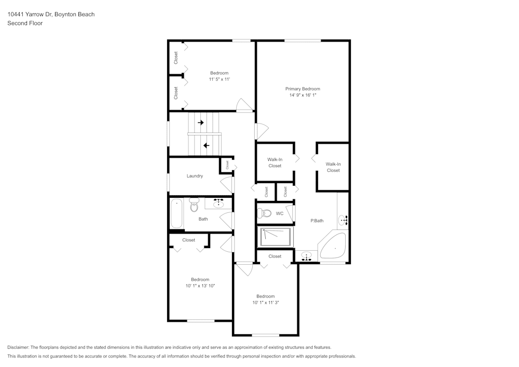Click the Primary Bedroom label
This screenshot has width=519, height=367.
click(303, 89)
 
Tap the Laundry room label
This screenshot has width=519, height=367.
click(195, 176)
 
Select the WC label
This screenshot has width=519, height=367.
click(280, 213)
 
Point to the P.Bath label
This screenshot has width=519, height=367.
click(317, 221)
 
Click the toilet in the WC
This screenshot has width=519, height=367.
click(264, 213)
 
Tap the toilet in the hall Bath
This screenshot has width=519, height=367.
click(194, 205)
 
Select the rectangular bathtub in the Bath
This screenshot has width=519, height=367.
click(176, 213)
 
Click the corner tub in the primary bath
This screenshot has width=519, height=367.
click(333, 246)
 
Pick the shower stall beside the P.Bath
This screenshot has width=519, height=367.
click(276, 237)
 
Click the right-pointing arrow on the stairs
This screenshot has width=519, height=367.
click(200, 123)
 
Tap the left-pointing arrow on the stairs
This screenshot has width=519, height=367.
click(206, 146)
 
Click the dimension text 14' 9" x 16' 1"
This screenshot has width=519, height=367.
click(303, 95)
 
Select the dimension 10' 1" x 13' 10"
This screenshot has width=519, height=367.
click(200, 286)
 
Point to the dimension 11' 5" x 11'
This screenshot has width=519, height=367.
click(220, 79)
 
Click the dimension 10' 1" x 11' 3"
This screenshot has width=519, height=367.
click(265, 303)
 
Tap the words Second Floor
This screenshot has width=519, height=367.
click(25, 23)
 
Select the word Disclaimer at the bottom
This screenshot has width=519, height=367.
click(18, 347)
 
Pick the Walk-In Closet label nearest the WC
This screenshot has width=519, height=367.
click(275, 162)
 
